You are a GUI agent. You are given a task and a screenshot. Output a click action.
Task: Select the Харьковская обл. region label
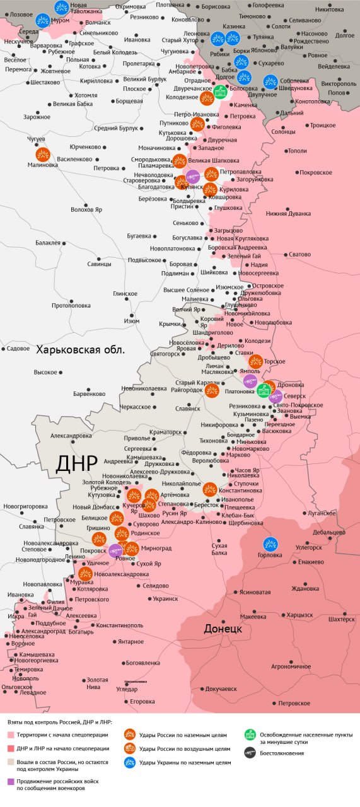pos(80,349)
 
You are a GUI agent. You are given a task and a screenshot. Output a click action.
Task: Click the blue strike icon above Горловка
pos(270,543)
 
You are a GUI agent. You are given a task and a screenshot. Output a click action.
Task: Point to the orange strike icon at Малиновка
pos(43,154)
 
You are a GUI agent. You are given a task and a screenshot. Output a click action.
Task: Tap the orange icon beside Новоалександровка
pos(85,574)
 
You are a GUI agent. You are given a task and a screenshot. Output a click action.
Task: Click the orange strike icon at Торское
pos(255,361)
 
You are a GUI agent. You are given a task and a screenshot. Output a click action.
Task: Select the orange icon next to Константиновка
pos(210,489)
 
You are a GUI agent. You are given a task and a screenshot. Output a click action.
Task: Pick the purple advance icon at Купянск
pos(193,176)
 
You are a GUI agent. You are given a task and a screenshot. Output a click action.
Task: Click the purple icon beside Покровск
pos(115,550)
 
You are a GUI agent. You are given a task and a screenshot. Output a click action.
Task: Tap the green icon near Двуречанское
pos(220,93)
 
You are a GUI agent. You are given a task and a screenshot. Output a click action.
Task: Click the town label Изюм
pos(131,322)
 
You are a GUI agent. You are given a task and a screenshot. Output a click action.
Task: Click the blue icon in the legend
pos(129,762)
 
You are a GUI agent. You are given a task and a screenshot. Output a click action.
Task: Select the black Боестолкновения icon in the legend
pos(250,752)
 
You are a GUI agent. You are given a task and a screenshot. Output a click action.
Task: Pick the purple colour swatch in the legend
pos(11,781)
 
